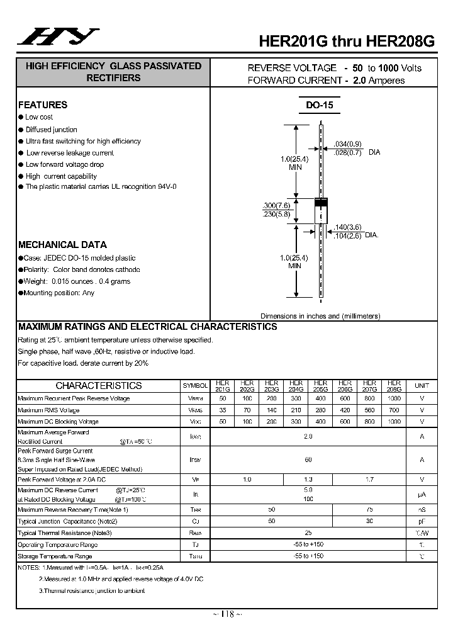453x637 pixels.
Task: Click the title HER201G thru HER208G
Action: point(347,41)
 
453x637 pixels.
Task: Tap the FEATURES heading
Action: point(43,105)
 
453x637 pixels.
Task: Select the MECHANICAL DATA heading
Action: point(62,245)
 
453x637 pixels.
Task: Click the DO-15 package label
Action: point(320,106)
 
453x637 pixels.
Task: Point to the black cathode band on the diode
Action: point(321,202)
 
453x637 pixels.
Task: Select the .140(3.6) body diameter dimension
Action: point(348,227)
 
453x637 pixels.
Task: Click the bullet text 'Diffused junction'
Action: point(51,130)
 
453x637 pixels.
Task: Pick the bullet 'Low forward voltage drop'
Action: point(65,165)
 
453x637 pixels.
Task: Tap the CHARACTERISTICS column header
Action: point(99,386)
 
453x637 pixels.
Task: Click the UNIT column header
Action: point(422,385)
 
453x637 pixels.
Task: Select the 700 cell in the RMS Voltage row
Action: point(394,410)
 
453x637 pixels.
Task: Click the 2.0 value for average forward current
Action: point(308,436)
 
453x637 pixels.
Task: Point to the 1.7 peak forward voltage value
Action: point(369,480)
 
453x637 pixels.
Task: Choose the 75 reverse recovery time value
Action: point(369,509)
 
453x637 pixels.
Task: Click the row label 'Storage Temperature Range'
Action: point(55,556)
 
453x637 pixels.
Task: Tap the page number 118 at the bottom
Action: point(226,614)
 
